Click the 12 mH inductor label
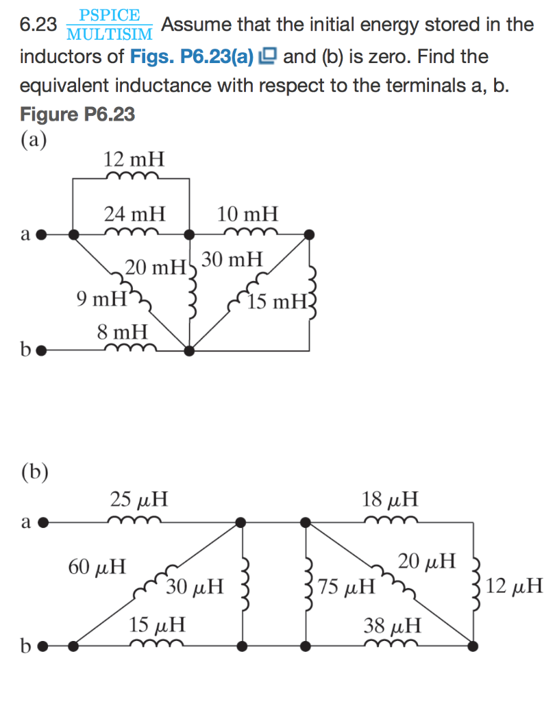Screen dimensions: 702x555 (134, 160)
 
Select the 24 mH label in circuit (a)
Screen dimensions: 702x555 (134, 214)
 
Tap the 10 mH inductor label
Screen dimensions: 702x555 (248, 214)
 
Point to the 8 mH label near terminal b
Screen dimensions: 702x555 (122, 332)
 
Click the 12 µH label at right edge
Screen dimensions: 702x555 (517, 587)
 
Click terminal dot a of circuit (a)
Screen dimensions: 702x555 (42, 234)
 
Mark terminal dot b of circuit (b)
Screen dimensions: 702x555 (42, 645)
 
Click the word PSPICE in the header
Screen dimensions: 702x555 (109, 15)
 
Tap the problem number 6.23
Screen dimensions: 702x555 (38, 25)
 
